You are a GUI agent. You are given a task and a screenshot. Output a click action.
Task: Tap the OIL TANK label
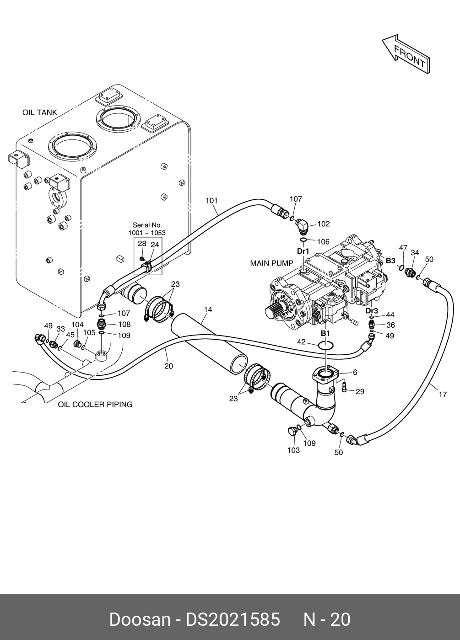coord(40,112)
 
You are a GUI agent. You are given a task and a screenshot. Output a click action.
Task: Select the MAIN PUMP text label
coord(271,263)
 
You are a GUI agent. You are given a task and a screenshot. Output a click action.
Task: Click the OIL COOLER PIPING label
coord(95,405)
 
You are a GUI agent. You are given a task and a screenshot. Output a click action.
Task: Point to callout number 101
coord(211,201)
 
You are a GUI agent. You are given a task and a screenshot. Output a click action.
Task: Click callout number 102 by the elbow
coord(324,224)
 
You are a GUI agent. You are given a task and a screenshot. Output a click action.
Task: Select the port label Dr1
coord(303,251)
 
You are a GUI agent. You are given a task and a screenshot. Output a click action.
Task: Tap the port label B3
coord(391,261)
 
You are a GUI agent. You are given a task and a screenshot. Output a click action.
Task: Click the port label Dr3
coord(372,310)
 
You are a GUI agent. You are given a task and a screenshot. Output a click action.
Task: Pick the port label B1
coord(325,333)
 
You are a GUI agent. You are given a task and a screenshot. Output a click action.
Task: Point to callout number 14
coord(208,309)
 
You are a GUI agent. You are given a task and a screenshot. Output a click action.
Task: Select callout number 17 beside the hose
coord(443,395)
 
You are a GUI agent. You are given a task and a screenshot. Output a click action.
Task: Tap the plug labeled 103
coord(292,431)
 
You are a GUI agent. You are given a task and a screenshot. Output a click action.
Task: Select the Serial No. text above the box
coord(147,225)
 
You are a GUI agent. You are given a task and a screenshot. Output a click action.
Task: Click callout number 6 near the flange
coord(355,372)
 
